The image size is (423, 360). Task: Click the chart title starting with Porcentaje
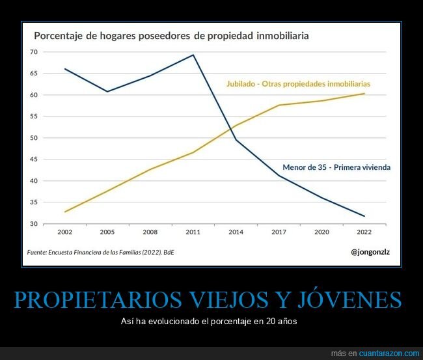click(x=171, y=35)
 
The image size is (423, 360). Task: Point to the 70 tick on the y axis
click(x=34, y=52)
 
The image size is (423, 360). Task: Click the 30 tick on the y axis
click(x=34, y=224)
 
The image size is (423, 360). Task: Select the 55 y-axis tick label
click(x=34, y=117)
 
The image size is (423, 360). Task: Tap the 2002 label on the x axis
click(x=64, y=232)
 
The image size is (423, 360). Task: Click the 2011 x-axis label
click(x=193, y=232)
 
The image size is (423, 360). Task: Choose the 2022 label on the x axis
click(x=364, y=232)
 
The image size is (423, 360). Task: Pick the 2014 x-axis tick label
click(x=236, y=232)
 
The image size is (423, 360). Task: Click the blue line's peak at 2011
click(x=193, y=55)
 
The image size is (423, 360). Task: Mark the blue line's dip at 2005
click(x=107, y=92)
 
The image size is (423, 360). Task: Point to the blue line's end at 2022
click(x=364, y=216)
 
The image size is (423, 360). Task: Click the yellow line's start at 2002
click(x=65, y=212)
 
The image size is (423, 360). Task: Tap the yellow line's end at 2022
click(x=364, y=93)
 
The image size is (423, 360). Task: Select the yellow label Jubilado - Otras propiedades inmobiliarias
click(x=298, y=84)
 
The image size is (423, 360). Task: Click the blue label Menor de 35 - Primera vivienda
click(x=336, y=167)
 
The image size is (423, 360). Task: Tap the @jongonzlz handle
click(x=370, y=251)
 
